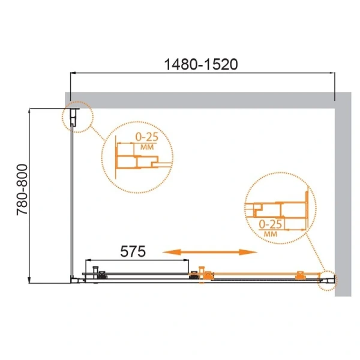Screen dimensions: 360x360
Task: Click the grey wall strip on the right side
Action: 341,198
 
